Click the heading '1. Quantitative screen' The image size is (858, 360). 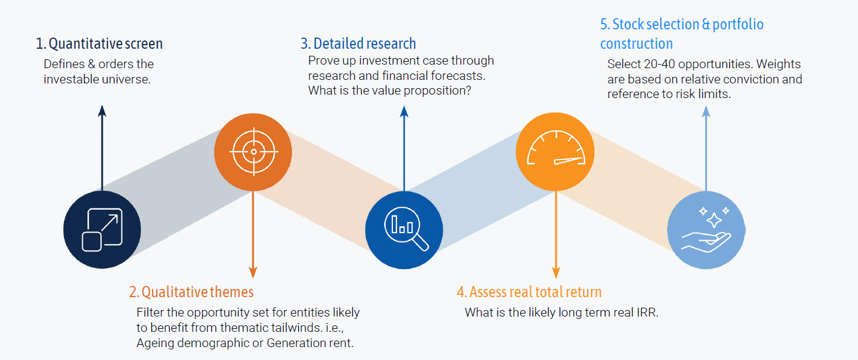tap(99, 43)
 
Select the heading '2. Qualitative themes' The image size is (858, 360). tap(191, 292)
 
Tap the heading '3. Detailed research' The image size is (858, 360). tap(358, 43)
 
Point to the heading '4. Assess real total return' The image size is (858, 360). tap(529, 292)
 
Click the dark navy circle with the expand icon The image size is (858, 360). tap(102, 229)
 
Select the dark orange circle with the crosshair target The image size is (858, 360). tap(253, 151)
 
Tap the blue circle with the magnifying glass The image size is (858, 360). tap(404, 229)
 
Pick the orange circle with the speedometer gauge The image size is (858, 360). tap(554, 151)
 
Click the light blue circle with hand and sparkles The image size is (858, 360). tap(706, 229)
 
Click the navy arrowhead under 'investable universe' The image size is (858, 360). tap(102, 110)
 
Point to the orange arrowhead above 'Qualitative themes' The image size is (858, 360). tap(253, 272)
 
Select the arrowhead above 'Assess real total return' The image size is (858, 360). tap(555, 272)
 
